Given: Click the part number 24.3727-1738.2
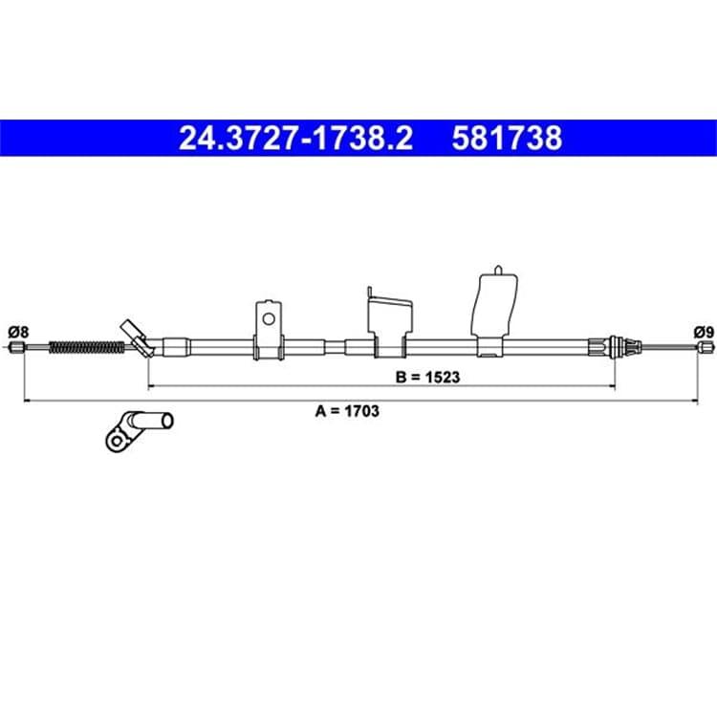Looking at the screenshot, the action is pyautogui.click(x=295, y=138).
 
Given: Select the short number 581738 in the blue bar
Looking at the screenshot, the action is pyautogui.click(x=507, y=138).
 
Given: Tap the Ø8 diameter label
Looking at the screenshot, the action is pyautogui.click(x=18, y=332).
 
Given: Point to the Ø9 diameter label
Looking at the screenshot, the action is pyautogui.click(x=704, y=333).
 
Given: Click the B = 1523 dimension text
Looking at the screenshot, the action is pyautogui.click(x=427, y=378).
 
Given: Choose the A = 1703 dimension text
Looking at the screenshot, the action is pyautogui.click(x=347, y=411).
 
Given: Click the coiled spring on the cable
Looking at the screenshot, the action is pyautogui.click(x=86, y=348).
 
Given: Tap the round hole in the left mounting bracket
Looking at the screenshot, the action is pyautogui.click(x=269, y=318).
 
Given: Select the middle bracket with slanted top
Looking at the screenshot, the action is pyautogui.click(x=390, y=322).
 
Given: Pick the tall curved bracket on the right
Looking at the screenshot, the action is pyautogui.click(x=495, y=311).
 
